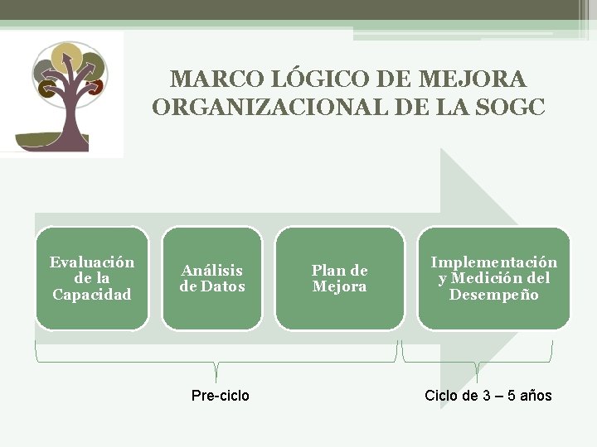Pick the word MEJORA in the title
click(476, 79)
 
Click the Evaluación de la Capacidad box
click(92, 278)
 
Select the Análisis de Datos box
click(212, 278)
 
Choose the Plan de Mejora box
click(339, 278)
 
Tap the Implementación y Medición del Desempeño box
click(493, 278)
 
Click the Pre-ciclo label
click(220, 396)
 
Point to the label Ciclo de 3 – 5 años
click(488, 396)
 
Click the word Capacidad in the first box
click(92, 295)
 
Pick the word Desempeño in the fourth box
click(493, 295)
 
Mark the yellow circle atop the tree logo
click(66, 59)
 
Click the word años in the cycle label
click(536, 396)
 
